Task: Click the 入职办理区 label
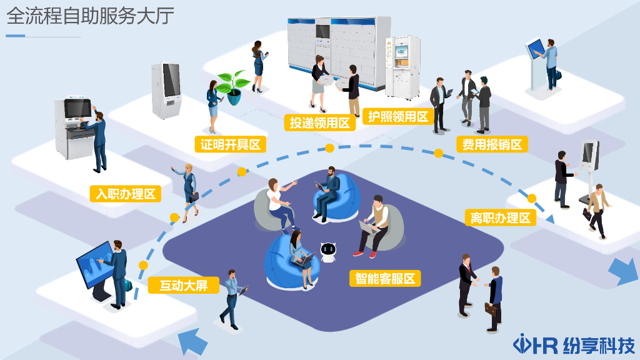click(124, 194)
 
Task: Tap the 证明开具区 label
click(230, 144)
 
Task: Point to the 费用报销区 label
click(492, 144)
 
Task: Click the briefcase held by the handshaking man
click(492, 309)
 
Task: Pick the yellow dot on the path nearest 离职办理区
click(532, 199)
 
